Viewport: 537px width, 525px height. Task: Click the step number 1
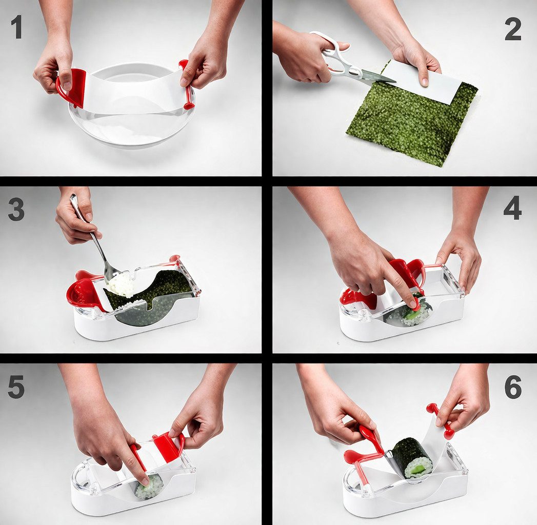[x=17, y=27]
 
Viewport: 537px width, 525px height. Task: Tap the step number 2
[x=513, y=29]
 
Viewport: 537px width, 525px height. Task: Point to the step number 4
[x=512, y=208]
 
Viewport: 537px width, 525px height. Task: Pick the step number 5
[x=16, y=387]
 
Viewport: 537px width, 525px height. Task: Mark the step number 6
[x=513, y=387]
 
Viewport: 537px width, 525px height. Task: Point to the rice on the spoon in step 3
[x=121, y=284]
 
